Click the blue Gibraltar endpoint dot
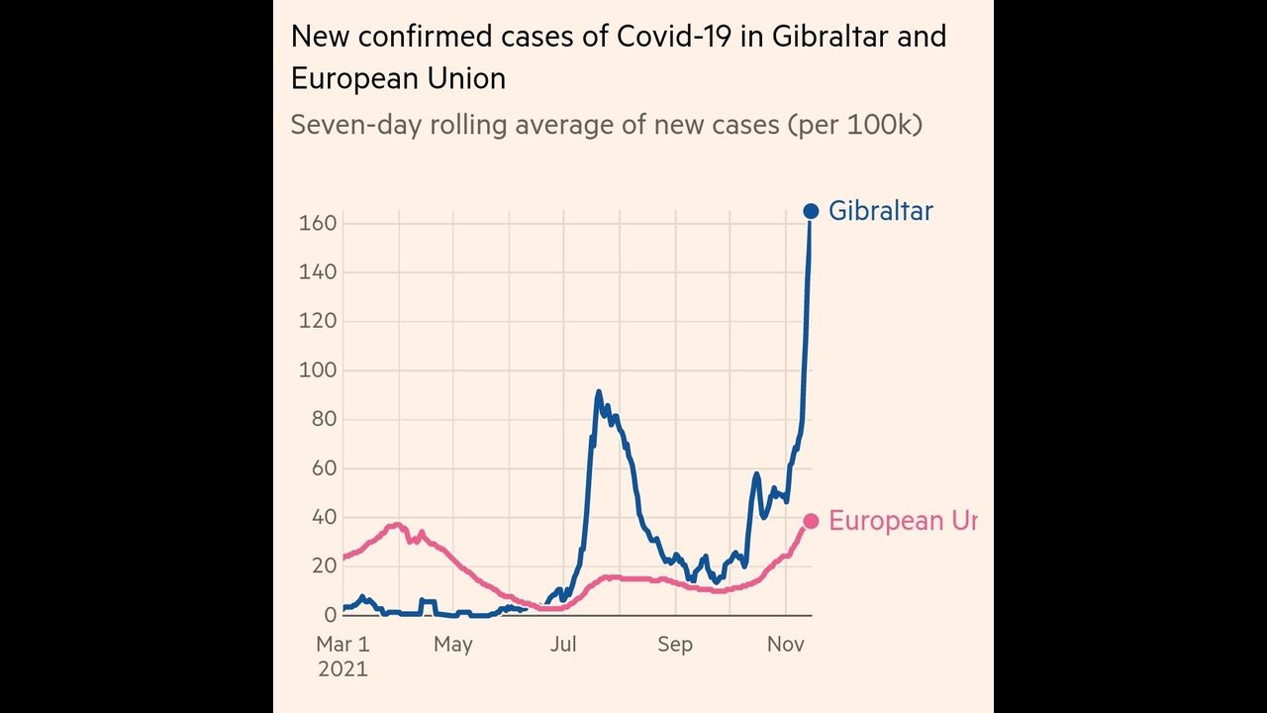[x=811, y=211]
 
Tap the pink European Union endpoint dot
[x=811, y=521]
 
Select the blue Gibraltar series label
[x=880, y=211]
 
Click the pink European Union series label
[x=902, y=521]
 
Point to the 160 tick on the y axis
[x=318, y=224]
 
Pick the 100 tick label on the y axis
[x=318, y=370]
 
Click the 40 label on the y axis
[x=323, y=517]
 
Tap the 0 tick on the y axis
[x=330, y=615]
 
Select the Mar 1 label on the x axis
[x=342, y=645]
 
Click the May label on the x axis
[x=452, y=645]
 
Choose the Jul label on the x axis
[x=563, y=645]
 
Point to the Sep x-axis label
[x=674, y=645]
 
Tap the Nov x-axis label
[x=785, y=645]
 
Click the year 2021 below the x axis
[x=342, y=669]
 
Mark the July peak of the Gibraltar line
[x=598, y=393]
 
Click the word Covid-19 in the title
[x=665, y=37]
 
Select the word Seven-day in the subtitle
[x=343, y=126]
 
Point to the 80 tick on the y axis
[x=323, y=419]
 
